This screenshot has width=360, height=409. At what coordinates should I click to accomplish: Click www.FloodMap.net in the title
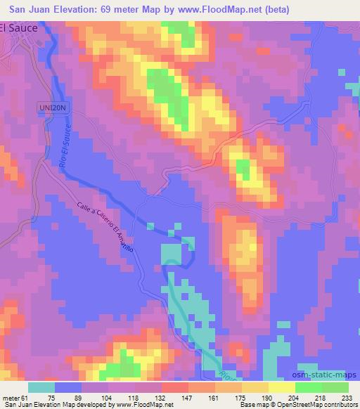coord(210,8)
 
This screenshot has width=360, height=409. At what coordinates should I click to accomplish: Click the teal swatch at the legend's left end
coord(41,387)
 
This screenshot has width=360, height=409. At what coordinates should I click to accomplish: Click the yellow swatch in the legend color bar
coord(281,387)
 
